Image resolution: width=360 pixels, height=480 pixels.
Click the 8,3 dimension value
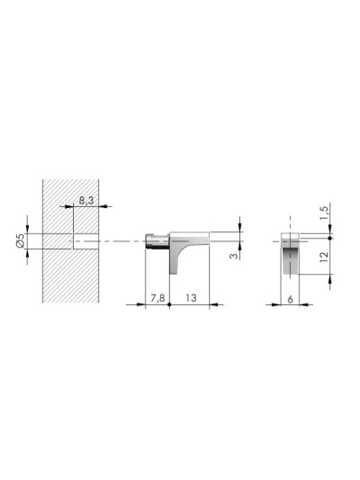pyautogui.click(x=86, y=201)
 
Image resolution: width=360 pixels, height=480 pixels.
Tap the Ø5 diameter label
pyautogui.click(x=21, y=240)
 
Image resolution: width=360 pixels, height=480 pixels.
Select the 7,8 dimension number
pyautogui.click(x=157, y=298)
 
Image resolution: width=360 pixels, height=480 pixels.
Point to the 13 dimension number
pyautogui.click(x=191, y=298)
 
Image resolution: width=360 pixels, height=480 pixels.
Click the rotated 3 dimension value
pyautogui.click(x=234, y=255)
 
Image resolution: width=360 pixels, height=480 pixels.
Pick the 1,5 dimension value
pyautogui.click(x=325, y=213)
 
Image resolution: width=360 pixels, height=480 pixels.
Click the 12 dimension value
pyautogui.click(x=324, y=257)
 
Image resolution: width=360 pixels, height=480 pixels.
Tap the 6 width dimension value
pyautogui.click(x=291, y=299)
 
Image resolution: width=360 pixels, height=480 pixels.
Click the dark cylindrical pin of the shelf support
pyautogui.click(x=157, y=241)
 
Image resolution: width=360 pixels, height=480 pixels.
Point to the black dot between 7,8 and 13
pyautogui.click(x=169, y=304)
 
